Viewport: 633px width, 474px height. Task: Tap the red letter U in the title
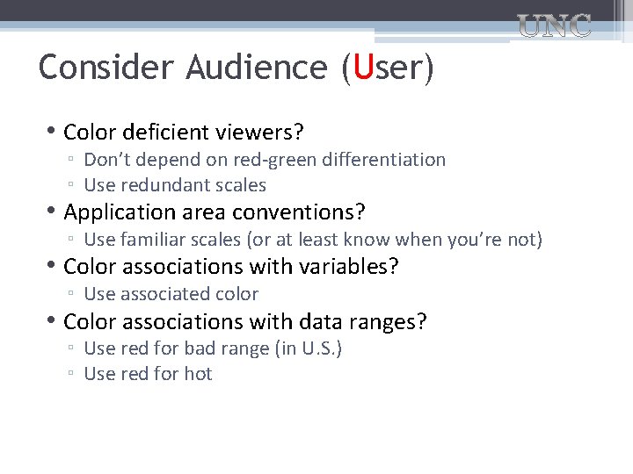point(360,68)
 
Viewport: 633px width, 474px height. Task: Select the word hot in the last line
point(198,374)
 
